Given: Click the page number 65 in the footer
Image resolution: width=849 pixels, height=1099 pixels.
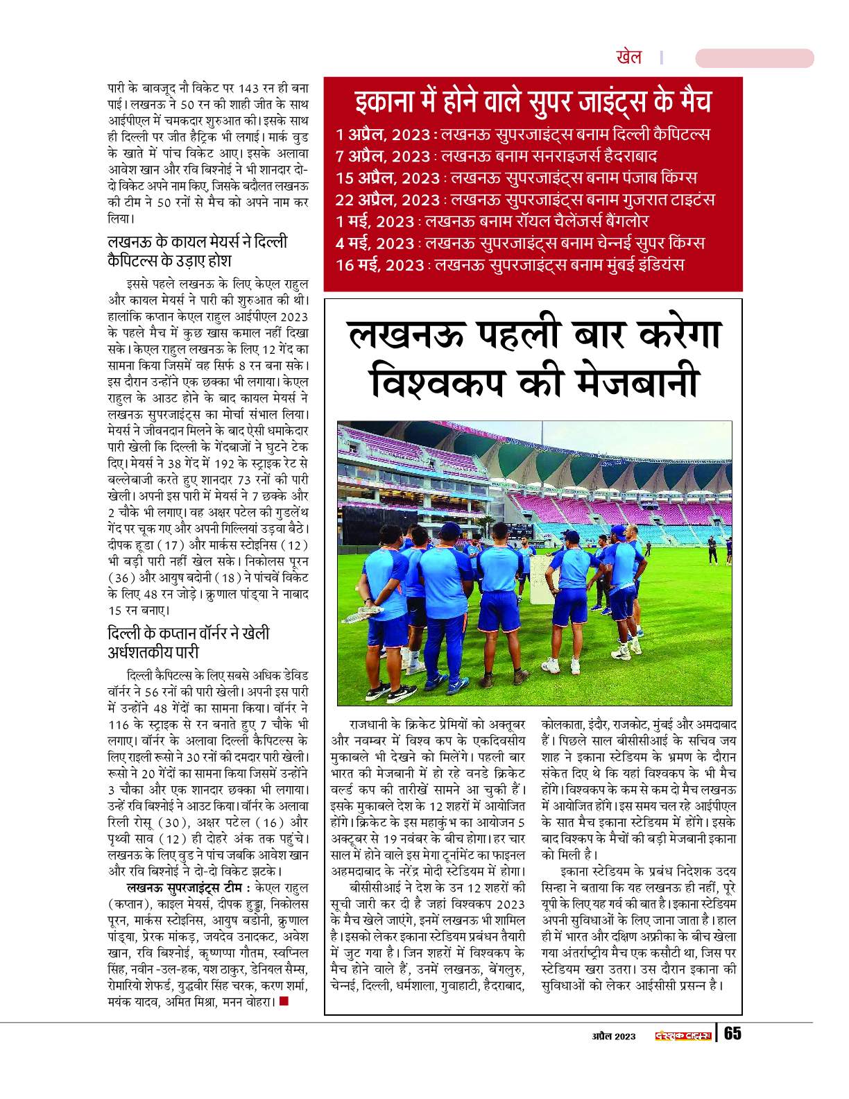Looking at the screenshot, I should click(732, 1033).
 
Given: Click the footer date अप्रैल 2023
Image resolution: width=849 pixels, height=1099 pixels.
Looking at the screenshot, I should click(613, 1036).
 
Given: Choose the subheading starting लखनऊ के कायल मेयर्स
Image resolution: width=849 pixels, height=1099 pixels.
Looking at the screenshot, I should click(197, 252).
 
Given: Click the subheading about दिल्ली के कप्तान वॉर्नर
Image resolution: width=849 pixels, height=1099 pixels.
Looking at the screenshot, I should click(188, 643).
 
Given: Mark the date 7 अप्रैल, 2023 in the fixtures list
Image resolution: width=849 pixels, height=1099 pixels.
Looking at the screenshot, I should click(381, 156).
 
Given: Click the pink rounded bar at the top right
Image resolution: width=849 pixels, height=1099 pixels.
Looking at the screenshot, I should click(754, 58).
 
